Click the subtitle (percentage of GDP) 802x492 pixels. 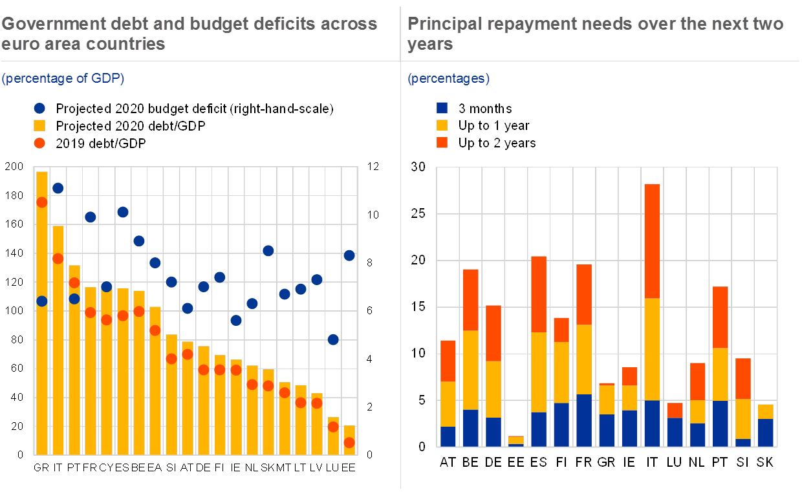coord(63,78)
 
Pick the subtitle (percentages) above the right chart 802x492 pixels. coord(448,78)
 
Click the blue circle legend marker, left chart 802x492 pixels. coord(40,109)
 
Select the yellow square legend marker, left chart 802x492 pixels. coord(40,125)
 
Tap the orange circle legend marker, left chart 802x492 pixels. coord(40,142)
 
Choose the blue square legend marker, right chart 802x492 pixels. coord(442,109)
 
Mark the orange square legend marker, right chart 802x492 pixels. coord(442,142)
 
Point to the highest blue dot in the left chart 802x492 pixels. coord(58,188)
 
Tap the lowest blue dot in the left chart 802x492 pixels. coord(333,339)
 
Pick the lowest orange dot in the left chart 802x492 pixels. coord(349,442)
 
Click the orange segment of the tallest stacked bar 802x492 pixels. coord(652,241)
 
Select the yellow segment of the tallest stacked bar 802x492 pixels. coord(652,349)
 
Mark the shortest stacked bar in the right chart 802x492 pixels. coord(516,441)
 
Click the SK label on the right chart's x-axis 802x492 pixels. coord(765,462)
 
